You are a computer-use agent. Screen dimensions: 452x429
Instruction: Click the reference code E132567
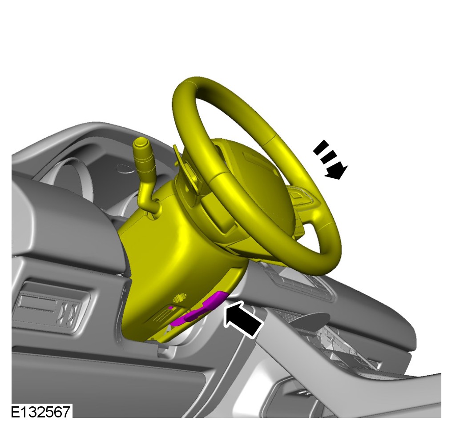pos(40,412)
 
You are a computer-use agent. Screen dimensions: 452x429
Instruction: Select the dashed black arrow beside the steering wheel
pos(331,160)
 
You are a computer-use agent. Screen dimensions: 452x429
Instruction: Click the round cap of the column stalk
pos(141,143)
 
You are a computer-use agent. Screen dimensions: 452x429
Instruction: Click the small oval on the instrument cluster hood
pos(126,168)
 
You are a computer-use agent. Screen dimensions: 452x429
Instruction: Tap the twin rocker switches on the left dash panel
pos(70,311)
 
